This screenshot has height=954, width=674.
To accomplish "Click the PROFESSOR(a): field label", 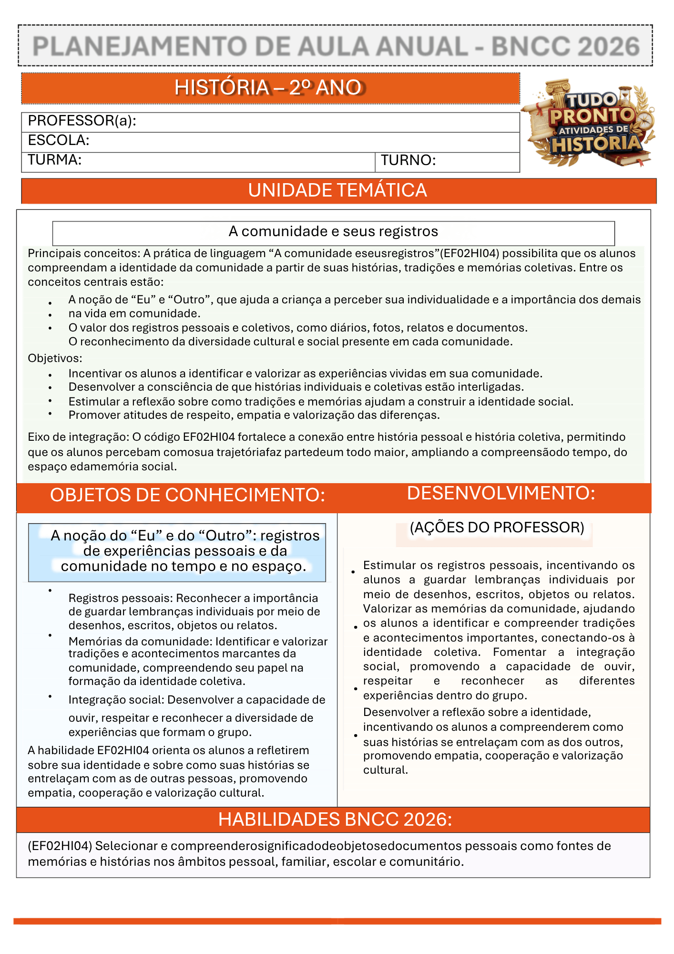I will point(82,121).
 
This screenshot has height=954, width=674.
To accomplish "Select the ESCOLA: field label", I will point(59,140).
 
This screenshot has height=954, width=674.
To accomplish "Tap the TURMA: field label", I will point(54,160).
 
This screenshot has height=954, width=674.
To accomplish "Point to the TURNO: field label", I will point(408,160).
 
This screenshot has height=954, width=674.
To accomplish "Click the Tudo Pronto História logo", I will point(590,123).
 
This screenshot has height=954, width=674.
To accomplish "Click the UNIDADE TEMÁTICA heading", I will point(337,191).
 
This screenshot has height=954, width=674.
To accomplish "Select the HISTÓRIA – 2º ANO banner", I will point(270,88).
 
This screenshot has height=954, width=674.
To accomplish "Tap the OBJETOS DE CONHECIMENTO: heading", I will point(187,495).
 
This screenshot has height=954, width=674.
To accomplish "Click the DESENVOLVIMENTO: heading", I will point(500,493).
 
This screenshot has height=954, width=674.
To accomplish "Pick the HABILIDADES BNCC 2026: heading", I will point(335,819).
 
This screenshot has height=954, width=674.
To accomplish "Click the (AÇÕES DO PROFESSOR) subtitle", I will point(497,528).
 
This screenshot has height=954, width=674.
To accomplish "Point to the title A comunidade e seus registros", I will point(333,231).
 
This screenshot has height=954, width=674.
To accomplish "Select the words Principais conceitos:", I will point(83,253).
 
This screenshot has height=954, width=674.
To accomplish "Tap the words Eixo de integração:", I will point(78,437).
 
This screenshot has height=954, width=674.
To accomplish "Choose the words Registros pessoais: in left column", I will point(121,598).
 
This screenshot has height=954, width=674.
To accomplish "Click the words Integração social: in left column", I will point(116,700).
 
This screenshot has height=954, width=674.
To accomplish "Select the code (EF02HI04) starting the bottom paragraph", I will point(60,846).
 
